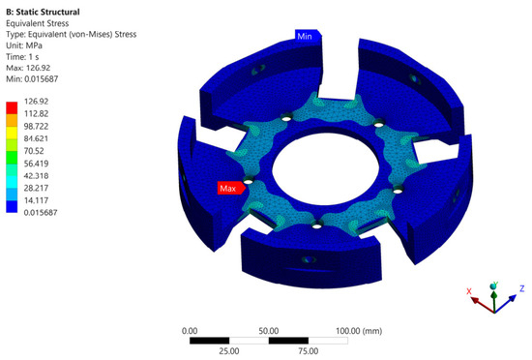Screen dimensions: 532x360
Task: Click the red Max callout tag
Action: coord(231,188)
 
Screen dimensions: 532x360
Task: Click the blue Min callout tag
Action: coord(308,36)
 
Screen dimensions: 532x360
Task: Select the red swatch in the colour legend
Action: coord(12,107)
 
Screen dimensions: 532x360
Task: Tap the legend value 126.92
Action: coord(37,101)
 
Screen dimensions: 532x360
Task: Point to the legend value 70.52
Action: coord(34,151)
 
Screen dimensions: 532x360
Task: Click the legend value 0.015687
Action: coord(41,212)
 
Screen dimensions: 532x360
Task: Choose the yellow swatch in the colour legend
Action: coord(12,133)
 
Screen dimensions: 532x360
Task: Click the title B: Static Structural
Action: coord(43,12)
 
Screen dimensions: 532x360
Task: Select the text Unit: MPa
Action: coord(24,45)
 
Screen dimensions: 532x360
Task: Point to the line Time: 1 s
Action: coord(22,57)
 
